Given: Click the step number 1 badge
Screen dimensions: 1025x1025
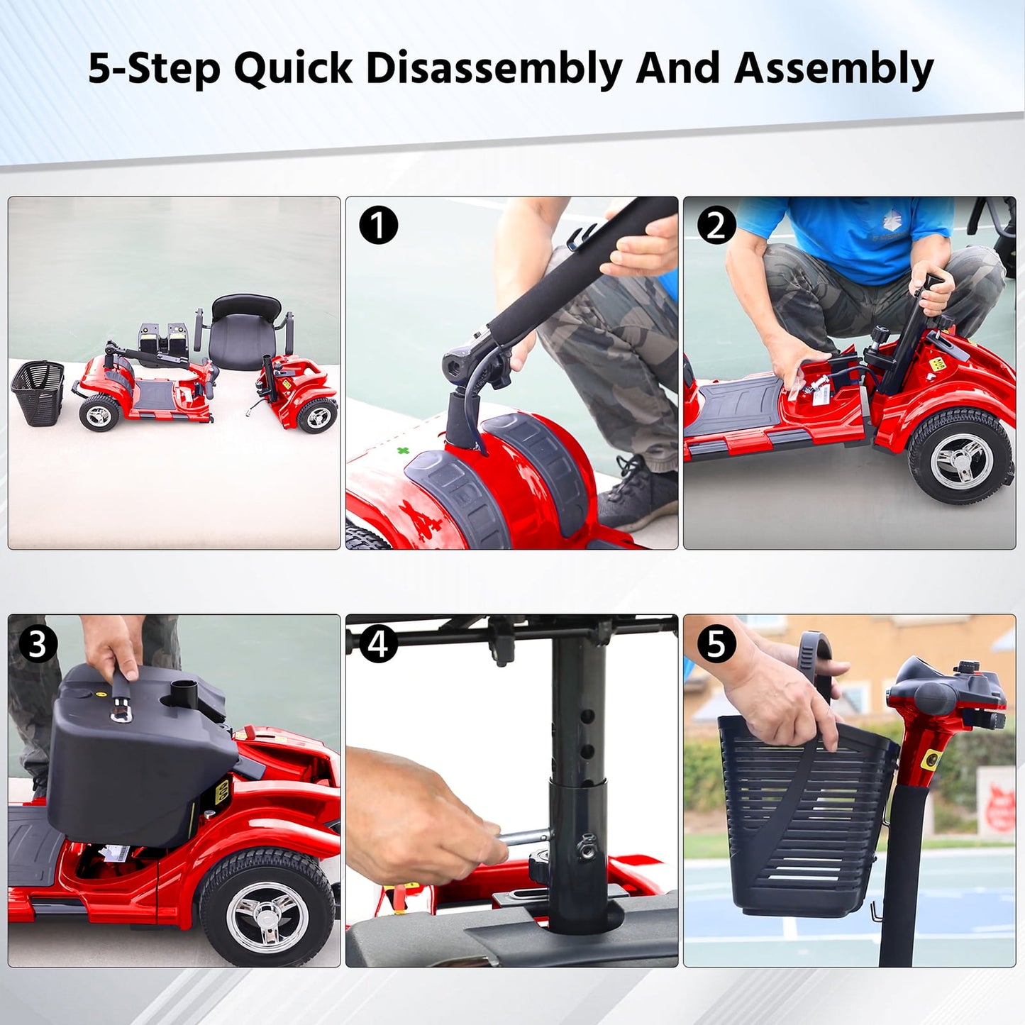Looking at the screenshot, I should [x=379, y=226].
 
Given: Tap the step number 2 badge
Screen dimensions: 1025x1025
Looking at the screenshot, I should [x=716, y=226].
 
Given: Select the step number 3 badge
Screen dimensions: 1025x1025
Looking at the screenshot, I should [x=38, y=644].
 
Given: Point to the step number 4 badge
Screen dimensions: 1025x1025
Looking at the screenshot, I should [x=379, y=644].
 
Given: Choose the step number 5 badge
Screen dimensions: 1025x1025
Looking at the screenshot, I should [x=716, y=644].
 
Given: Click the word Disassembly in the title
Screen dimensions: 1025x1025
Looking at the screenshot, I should [x=494, y=69].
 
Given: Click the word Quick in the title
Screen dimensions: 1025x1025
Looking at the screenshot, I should [x=293, y=69].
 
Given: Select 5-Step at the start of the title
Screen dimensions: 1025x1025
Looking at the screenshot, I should [x=154, y=69].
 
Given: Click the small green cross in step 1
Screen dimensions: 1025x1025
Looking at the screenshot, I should [x=403, y=450].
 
